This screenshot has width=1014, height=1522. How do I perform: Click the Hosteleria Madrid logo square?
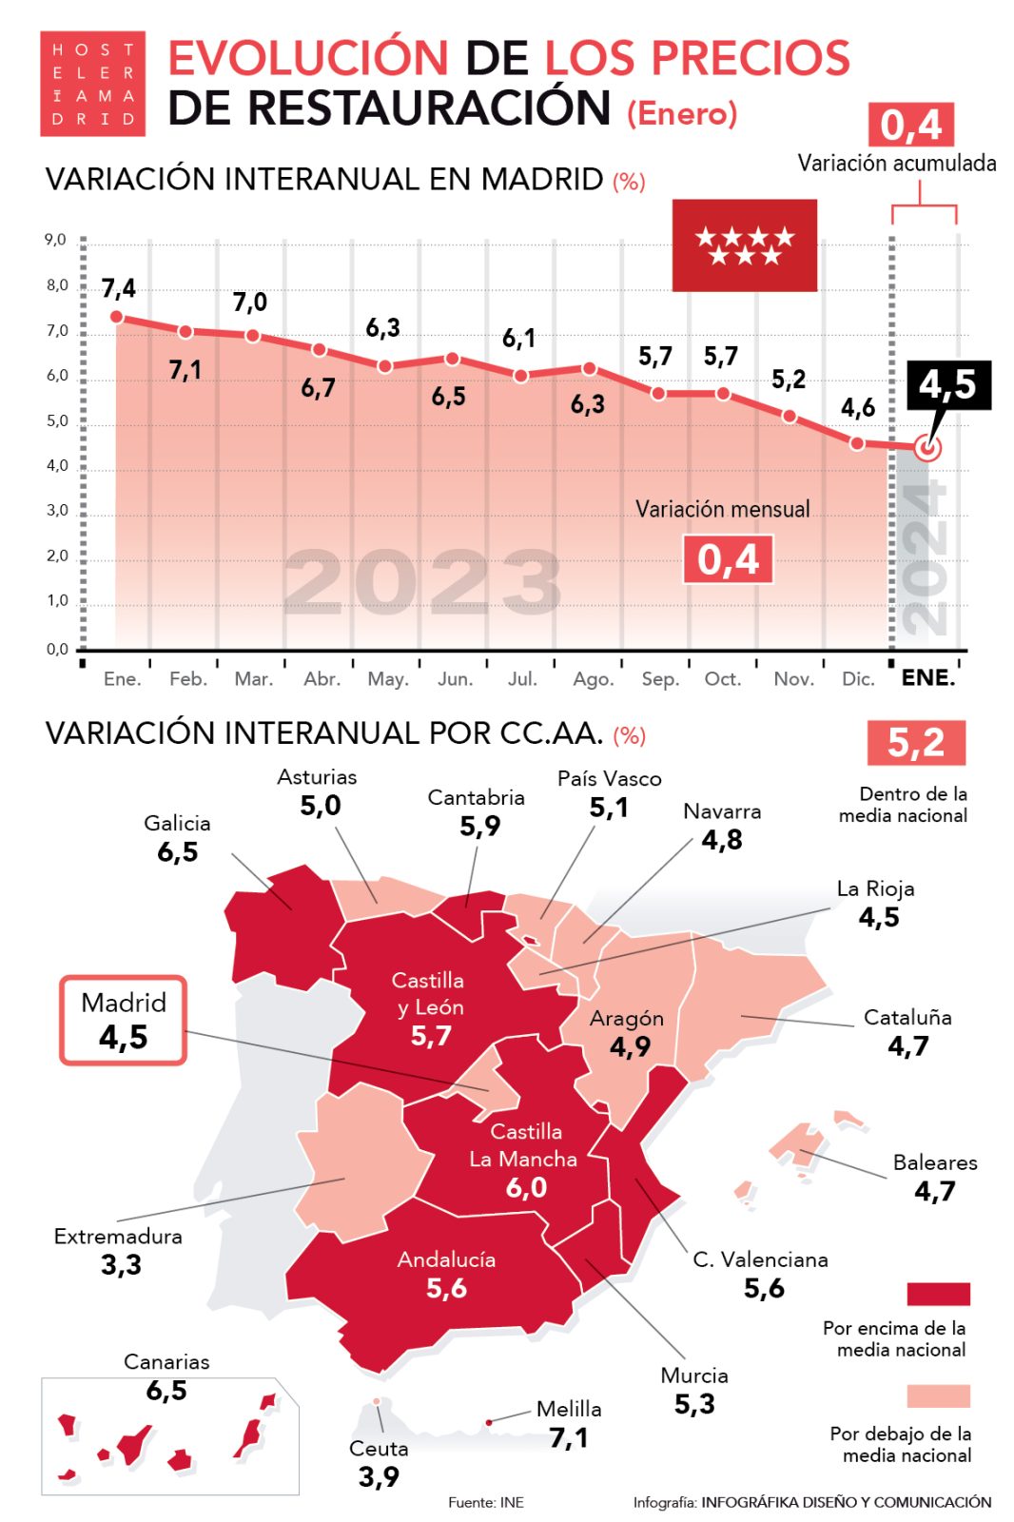coord(92,84)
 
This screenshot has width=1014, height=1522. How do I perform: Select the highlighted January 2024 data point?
coord(927,447)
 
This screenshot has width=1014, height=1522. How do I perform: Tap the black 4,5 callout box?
coord(948,384)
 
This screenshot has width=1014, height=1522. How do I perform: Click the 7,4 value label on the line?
coord(119,288)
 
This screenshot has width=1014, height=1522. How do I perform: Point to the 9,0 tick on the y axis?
coord(56,240)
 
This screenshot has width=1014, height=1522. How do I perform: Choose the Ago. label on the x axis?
coord(593,679)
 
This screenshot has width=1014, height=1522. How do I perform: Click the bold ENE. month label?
coord(927,678)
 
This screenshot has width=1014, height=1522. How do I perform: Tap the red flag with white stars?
coord(744,245)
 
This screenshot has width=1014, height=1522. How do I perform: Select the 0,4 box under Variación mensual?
coord(728,559)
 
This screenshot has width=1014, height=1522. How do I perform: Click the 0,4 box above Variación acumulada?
coord(910,125)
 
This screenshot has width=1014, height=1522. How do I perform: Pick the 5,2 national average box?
coord(916,743)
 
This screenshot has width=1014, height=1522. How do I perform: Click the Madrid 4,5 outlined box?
coord(124,1020)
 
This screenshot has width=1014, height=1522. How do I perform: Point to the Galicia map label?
coord(178,824)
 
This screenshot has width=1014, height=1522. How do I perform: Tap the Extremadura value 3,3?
coord(121,1265)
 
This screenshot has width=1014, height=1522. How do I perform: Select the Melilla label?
coord(569,1409)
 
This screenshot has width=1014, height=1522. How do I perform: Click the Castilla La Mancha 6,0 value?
coord(526,1187)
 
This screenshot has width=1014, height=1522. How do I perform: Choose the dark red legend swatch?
coord(938,1294)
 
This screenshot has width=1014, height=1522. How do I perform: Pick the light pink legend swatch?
coord(938,1395)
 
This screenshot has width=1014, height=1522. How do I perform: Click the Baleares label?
coord(935,1162)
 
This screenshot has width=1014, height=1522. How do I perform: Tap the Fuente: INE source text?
coord(486,1502)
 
